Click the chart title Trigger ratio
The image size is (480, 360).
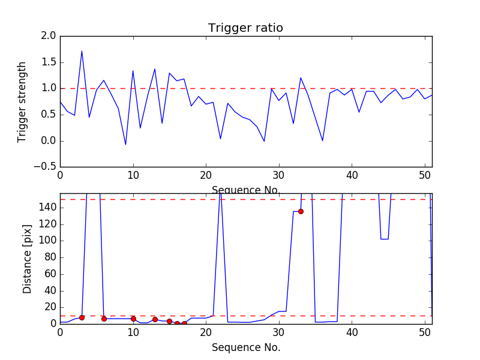click(245, 28)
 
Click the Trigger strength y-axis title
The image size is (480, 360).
click(22, 101)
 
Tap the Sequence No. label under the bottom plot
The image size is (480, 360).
click(245, 347)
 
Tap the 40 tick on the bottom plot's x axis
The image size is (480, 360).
click(352, 332)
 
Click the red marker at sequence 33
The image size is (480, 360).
click(301, 211)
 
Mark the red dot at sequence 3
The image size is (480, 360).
click(82, 317)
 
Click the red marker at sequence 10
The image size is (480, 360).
click(133, 319)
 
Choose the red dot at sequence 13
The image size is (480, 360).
click(155, 319)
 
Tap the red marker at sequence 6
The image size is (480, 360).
click(104, 319)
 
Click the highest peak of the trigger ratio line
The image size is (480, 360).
click(82, 51)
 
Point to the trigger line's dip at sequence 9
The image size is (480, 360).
click(125, 145)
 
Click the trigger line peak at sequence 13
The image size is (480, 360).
click(155, 69)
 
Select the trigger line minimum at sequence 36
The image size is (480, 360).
click(323, 140)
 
